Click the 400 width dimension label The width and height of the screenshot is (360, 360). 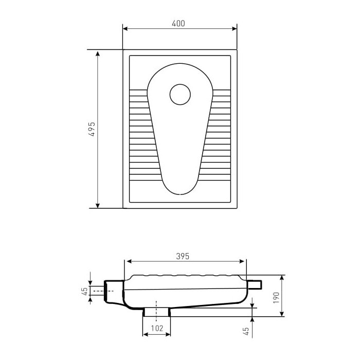178,24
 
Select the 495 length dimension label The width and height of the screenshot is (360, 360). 92,129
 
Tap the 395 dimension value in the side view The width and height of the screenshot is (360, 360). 183,256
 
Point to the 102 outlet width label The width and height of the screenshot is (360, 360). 157,328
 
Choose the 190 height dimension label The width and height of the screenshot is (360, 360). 276,298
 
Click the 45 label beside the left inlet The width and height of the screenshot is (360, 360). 85,291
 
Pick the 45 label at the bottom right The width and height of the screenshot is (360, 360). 246,331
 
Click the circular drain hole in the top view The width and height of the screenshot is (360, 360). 180,94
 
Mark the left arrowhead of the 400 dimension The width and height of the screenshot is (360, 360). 125,29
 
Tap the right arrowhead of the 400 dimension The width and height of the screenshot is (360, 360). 234,29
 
